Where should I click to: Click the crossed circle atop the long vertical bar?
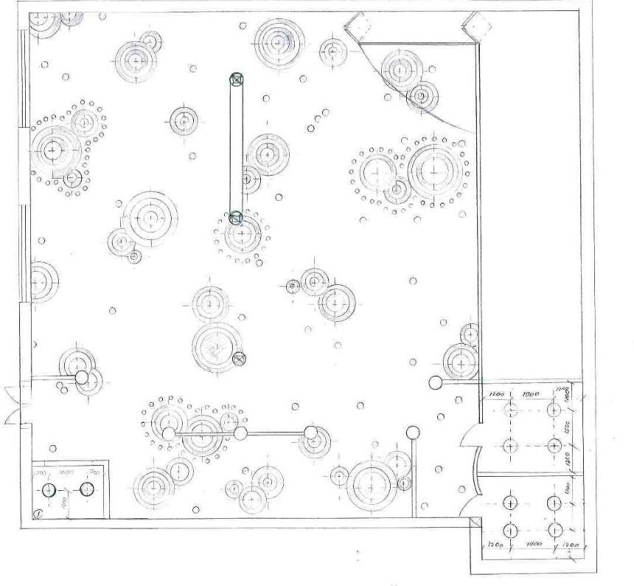pos(236,79)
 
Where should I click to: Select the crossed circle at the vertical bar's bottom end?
pos(235,218)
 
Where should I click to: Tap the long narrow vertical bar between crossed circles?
pos(236,148)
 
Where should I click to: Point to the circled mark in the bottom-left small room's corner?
pos(38,514)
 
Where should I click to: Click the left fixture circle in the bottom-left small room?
pos(49,489)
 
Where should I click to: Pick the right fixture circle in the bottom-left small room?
pos(86,489)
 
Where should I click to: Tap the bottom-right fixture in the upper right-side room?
pos(554,446)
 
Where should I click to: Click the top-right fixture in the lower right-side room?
pos(554,503)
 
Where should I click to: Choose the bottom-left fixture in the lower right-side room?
pos(509,530)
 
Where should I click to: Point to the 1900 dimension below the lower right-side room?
pos(533,544)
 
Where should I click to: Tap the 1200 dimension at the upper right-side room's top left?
pos(496,393)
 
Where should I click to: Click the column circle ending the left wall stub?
pos(82,379)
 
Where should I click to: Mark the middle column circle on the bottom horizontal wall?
pos(241,433)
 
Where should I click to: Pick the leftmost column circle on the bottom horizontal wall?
pos(170,433)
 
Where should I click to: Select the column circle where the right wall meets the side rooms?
pos(436,382)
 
